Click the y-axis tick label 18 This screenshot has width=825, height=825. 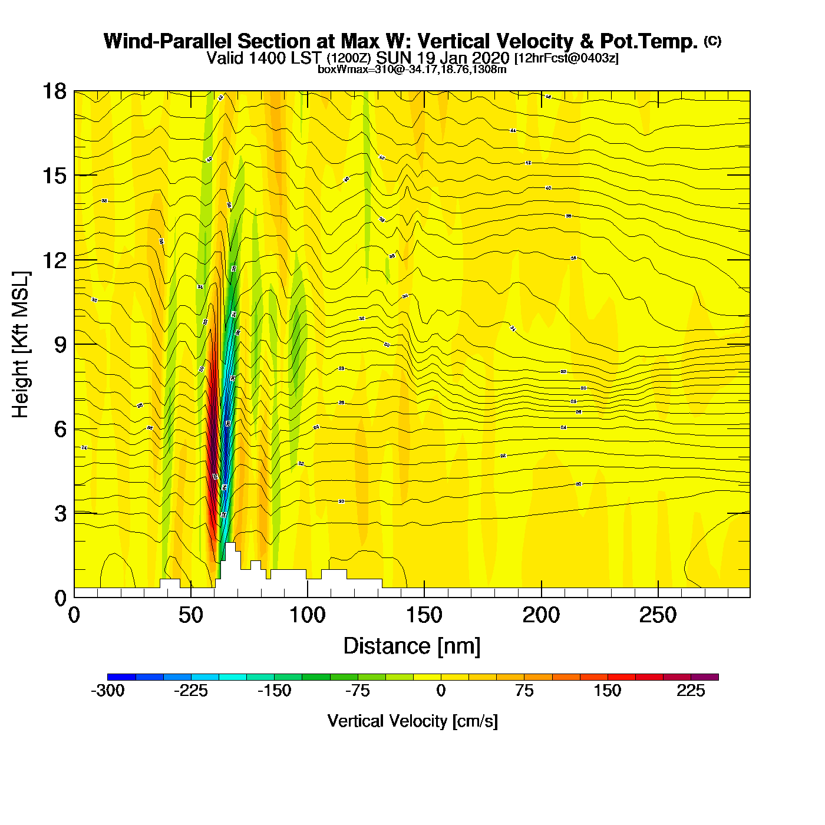tap(54, 92)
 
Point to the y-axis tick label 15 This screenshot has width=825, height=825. tap(54, 176)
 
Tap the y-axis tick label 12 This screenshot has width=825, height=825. tap(54, 260)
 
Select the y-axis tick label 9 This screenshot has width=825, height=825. tap(60, 345)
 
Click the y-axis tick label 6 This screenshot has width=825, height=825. tap(60, 429)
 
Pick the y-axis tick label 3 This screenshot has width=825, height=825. tap(60, 514)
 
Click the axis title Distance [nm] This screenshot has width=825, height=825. tap(412, 646)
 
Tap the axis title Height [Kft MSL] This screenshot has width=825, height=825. tap(21, 345)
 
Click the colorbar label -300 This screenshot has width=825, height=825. tap(107, 691)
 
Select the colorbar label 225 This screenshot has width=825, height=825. tap(691, 691)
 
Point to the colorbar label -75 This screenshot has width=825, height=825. tap(357, 691)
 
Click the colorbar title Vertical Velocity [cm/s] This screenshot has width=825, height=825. tap(412, 721)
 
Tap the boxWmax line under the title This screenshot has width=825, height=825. tap(412, 70)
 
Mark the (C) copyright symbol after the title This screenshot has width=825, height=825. tap(712, 41)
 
